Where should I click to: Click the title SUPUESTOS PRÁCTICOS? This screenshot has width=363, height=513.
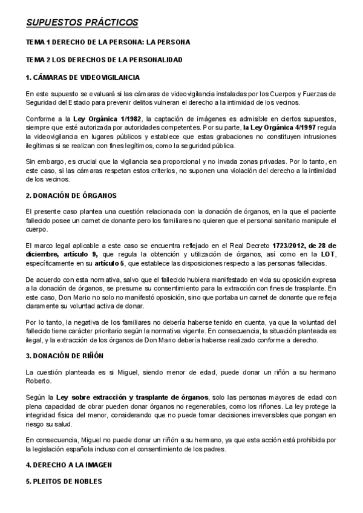(82, 23)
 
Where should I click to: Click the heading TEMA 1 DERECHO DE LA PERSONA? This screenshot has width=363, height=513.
(108, 42)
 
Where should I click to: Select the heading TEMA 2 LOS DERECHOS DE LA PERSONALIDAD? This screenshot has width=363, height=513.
(103, 60)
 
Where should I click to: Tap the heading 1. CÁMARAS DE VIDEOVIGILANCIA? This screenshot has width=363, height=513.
(83, 77)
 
